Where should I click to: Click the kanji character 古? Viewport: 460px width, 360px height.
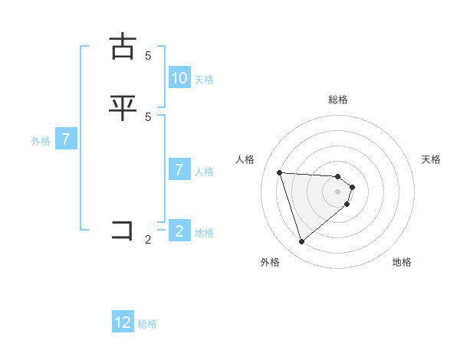pos(123,47)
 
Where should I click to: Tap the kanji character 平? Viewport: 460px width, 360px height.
pos(123,107)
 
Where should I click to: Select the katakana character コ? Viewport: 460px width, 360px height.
pos(123,231)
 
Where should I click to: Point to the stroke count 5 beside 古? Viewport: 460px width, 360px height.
pos(148,56)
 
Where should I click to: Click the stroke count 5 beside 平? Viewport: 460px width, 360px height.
pos(148,116)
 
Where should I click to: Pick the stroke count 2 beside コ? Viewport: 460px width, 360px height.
pos(148,240)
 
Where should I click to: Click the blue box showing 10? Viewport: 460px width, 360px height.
pos(179,77)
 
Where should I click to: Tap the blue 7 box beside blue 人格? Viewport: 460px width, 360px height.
pos(179,169)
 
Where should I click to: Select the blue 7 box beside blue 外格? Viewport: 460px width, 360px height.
pos(66,139)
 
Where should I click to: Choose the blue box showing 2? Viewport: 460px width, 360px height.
pos(179,231)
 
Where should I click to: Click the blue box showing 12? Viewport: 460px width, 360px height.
pos(123,322)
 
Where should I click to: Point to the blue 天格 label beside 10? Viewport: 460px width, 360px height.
pos(204,79)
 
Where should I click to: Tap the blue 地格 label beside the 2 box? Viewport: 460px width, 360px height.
pos(204,232)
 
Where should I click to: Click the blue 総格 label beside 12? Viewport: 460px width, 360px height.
pos(147,324)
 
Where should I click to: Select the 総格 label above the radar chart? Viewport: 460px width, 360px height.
pos(338,100)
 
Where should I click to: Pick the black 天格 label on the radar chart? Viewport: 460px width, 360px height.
pos(431,159)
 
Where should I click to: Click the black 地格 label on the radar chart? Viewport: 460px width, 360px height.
pos(402,262)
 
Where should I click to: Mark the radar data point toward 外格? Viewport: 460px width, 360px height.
pos(302,242)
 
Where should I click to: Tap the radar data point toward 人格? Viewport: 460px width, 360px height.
pos(279,172)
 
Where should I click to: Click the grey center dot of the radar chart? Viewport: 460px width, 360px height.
pos(338,191)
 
